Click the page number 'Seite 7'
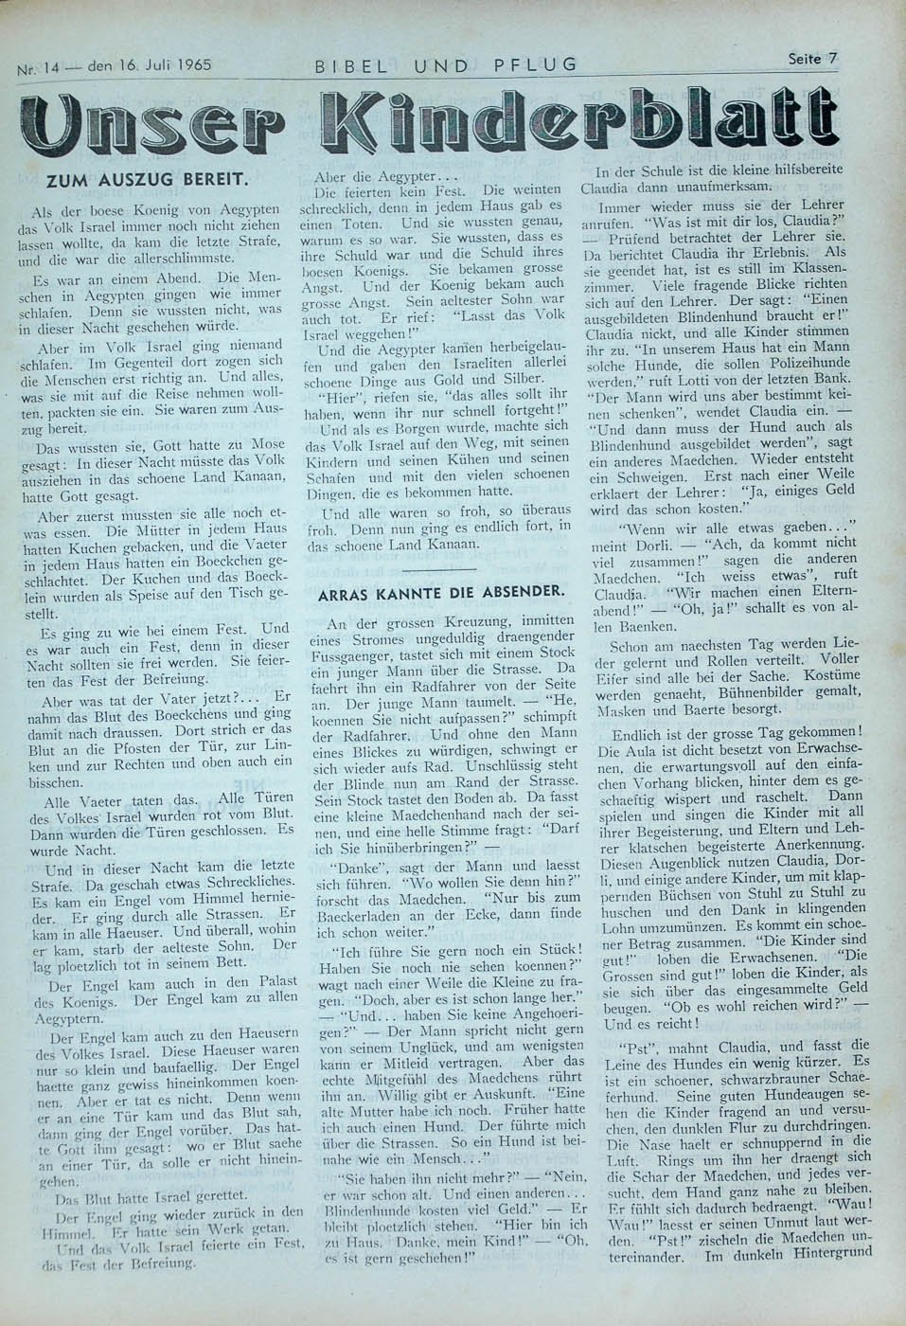click(812, 58)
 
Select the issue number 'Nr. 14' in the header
click(38, 69)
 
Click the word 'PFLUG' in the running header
click(535, 64)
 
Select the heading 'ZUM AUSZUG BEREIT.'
click(148, 178)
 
